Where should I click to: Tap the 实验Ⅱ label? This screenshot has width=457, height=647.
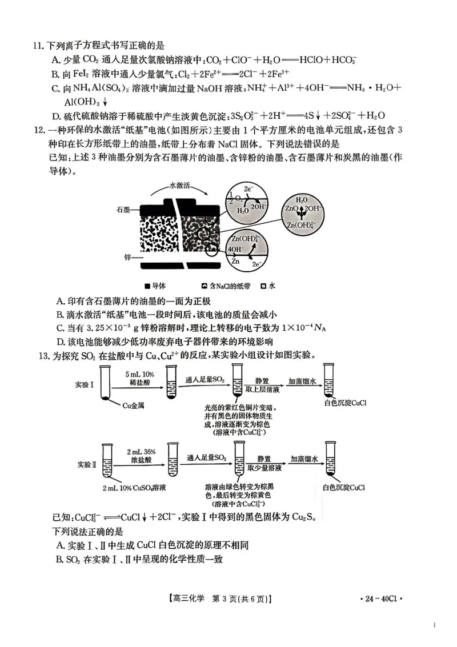click(x=87, y=464)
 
